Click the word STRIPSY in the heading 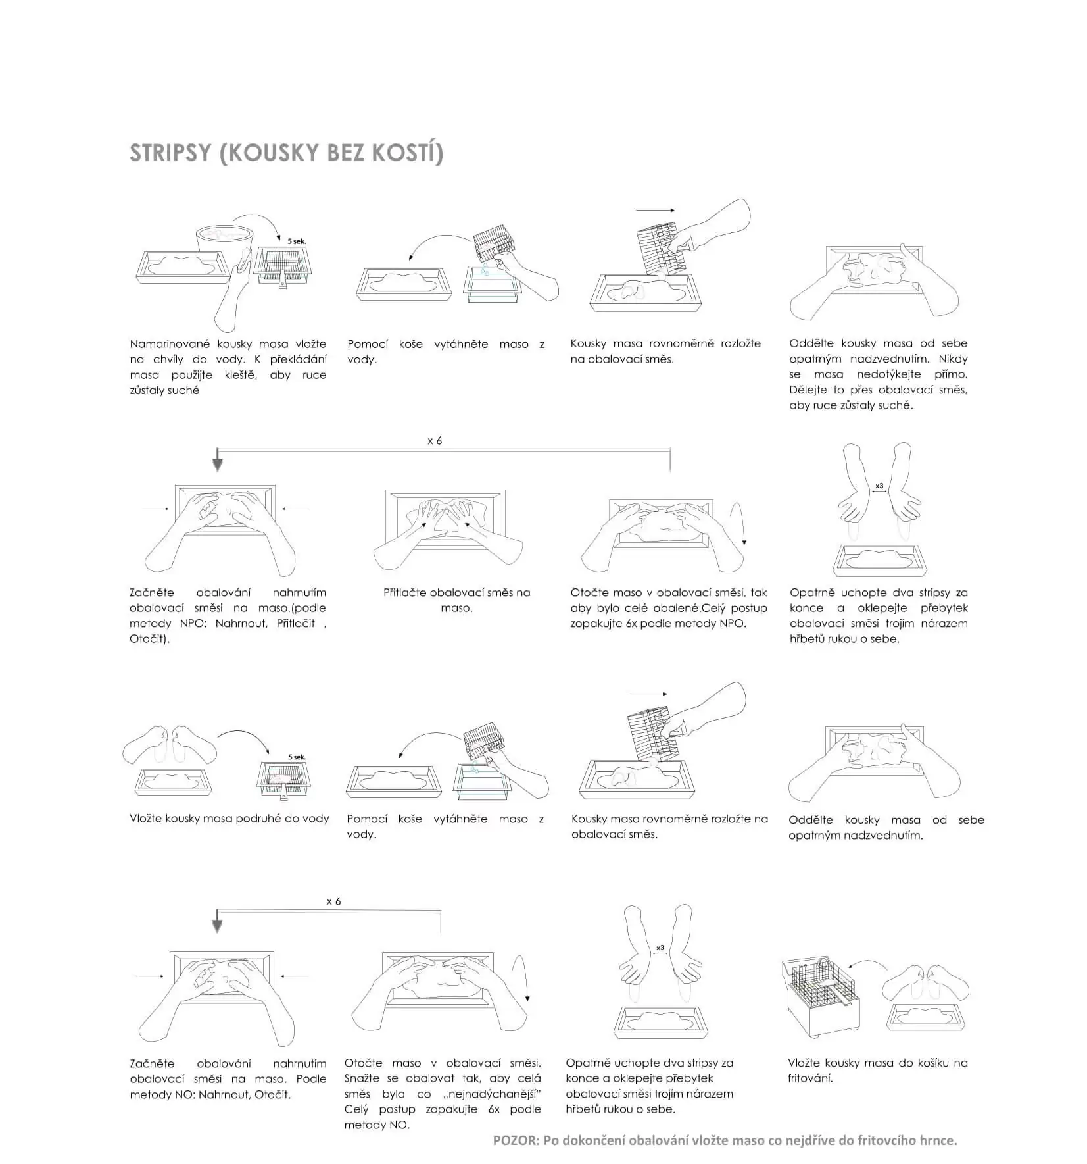170,153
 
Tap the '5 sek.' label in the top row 297,241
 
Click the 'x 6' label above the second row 435,441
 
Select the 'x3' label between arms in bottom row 660,948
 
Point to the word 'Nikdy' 953,359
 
